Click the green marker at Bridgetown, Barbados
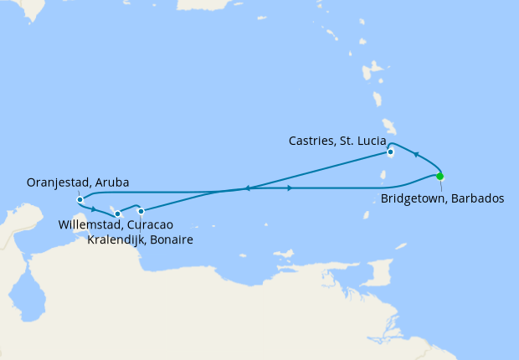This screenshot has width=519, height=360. [440, 176]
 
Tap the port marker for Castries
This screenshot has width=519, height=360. [390, 152]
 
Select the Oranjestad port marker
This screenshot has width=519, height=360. [80, 199]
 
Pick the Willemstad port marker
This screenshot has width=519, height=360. [118, 214]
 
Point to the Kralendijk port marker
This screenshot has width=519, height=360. [141, 211]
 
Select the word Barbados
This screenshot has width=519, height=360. [478, 199]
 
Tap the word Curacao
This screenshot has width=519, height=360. [150, 225]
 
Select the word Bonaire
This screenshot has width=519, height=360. [172, 240]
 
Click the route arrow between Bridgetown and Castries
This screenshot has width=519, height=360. [416, 155]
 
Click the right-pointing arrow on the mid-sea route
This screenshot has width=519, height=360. [290, 188]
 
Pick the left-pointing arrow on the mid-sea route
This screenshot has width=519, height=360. [248, 188]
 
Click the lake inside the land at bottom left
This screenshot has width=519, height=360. [31, 298]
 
